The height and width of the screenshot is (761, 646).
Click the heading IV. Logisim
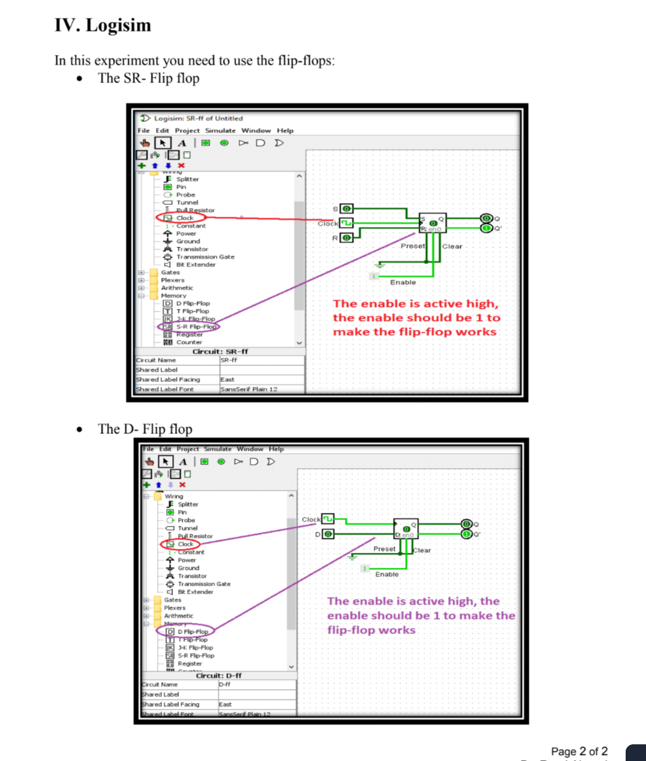[103, 25]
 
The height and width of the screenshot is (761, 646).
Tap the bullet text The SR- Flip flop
[148, 78]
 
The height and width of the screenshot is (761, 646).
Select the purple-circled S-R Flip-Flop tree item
[190, 327]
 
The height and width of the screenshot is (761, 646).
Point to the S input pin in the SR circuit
[346, 209]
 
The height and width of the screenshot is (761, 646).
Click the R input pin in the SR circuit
[346, 238]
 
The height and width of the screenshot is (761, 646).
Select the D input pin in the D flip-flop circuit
[328, 534]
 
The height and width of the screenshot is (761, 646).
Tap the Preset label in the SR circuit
[413, 246]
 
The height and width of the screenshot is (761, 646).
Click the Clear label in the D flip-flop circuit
[422, 550]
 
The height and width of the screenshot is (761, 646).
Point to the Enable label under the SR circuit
[403, 282]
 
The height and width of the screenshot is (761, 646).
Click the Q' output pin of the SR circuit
[487, 228]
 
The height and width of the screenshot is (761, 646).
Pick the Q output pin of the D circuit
[467, 524]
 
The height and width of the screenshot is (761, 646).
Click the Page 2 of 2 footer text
[579, 751]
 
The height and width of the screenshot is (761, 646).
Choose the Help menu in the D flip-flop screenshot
[276, 449]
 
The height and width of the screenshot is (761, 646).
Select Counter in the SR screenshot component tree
[189, 343]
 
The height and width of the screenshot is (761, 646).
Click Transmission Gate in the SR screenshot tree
[205, 257]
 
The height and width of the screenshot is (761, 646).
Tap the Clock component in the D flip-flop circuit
[328, 519]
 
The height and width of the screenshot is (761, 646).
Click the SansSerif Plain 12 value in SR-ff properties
[249, 389]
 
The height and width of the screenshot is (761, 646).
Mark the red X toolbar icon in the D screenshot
[182, 485]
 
